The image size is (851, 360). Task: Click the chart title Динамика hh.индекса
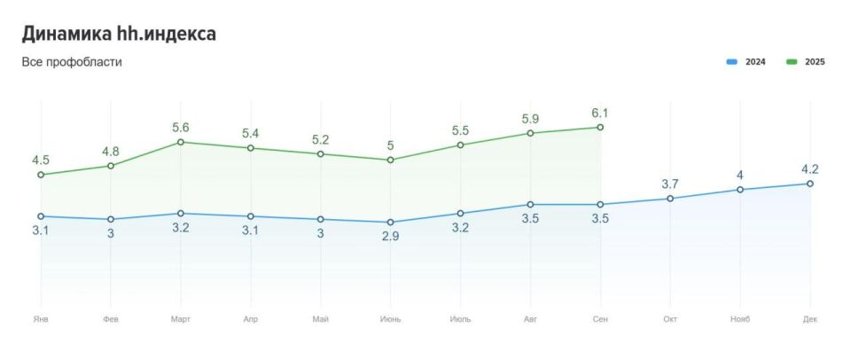point(119,34)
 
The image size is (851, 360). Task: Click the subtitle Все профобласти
point(72,62)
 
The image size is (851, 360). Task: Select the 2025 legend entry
point(805,62)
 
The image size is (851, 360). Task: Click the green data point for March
point(181,142)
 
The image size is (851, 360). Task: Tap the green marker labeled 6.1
point(600,128)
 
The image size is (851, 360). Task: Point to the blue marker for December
point(809,184)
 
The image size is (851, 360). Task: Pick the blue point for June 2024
point(390,223)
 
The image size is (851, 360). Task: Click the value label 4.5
point(40,160)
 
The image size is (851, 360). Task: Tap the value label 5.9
point(530,119)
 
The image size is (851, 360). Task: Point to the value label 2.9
point(390,237)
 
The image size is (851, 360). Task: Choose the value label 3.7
point(670,184)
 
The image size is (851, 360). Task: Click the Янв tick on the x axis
point(40,319)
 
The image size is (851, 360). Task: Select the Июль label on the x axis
point(460,319)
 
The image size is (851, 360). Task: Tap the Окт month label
point(670,319)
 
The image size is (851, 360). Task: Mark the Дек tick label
point(809,319)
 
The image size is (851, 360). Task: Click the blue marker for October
point(670,199)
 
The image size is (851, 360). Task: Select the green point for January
point(41,175)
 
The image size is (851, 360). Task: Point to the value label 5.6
point(181,128)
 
